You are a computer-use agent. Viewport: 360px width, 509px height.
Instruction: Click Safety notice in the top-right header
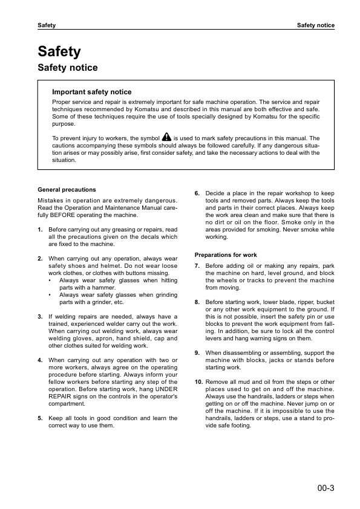315,25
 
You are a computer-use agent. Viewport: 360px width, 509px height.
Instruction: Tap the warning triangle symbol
167,138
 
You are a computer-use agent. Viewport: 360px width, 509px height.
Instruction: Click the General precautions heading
67,189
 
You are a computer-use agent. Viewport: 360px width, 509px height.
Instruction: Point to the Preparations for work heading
226,254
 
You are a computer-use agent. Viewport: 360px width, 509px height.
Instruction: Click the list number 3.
40,316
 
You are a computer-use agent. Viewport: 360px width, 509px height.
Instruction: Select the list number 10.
198,382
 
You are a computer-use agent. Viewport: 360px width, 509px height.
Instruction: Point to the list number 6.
197,193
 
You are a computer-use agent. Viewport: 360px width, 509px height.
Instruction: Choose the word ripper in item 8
287,302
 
